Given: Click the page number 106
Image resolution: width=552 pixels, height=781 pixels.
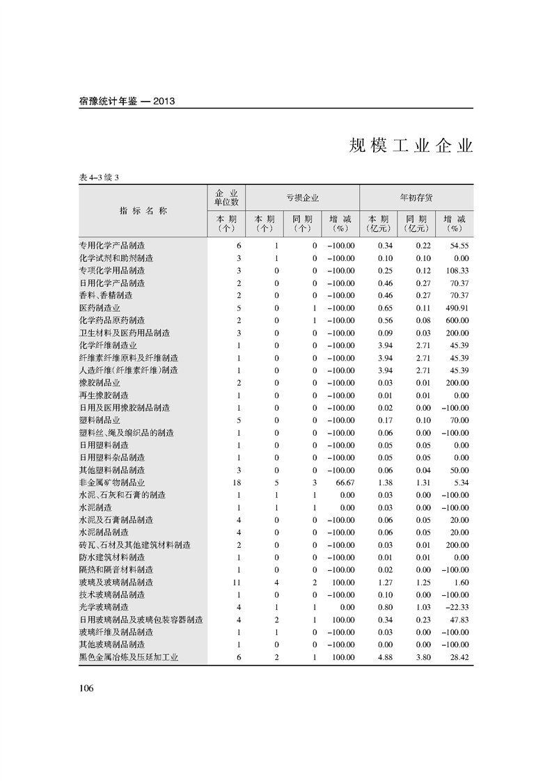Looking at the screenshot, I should (86, 688).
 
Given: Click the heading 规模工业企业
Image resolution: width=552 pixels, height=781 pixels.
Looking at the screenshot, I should (411, 146).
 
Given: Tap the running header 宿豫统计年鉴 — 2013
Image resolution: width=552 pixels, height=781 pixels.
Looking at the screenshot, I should (127, 101).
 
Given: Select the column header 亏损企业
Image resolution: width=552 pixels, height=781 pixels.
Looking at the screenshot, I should (302, 198).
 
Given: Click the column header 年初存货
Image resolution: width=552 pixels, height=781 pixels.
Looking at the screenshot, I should (416, 198).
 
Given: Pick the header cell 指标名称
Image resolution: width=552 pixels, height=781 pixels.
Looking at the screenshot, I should (143, 211).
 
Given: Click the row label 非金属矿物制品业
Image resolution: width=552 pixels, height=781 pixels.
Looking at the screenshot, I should (112, 482).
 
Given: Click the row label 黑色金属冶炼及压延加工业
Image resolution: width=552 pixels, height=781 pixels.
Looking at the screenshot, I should (129, 657).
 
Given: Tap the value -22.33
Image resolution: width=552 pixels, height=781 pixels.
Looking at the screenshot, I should (455, 607).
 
